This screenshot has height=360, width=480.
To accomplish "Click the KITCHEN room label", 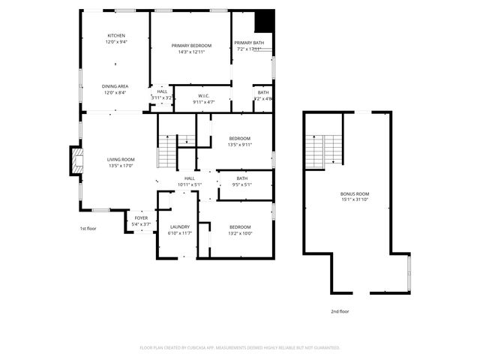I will point(116,39).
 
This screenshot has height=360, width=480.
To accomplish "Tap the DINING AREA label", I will point(116,89).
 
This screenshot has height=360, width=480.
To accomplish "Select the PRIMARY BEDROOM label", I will point(191,49).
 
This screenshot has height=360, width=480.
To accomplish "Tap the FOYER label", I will point(141,221).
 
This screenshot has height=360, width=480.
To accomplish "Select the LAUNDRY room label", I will point(179,229).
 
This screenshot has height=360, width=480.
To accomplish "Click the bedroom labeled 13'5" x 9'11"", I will point(239,142).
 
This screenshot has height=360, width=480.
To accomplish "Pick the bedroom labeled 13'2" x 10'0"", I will point(240,229).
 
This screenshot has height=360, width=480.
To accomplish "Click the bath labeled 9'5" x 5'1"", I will point(241,181).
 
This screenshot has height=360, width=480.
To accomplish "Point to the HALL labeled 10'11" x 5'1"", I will point(189,181).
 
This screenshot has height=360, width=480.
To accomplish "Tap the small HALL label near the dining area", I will point(162,94).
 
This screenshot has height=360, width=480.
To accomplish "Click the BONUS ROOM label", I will point(355,196).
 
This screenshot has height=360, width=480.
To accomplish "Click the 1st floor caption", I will point(88,228).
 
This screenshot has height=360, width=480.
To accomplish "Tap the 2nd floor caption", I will point(340,311).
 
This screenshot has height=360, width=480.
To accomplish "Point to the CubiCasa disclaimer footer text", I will point(240,347).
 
